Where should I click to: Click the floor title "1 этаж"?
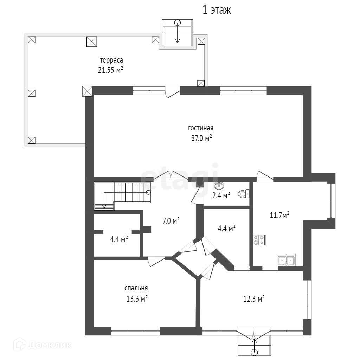click(x=217, y=10)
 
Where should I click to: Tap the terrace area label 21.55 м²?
click(x=111, y=70)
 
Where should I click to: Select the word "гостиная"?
click(x=201, y=128)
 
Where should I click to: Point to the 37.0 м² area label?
click(x=201, y=138)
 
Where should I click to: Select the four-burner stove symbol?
click(x=259, y=240)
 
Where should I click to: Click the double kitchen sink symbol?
click(x=286, y=260)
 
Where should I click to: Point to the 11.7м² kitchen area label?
click(x=279, y=215)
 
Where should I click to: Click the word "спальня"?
click(x=136, y=288)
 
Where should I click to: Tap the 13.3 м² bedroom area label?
click(x=137, y=298)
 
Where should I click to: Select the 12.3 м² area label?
click(x=254, y=299)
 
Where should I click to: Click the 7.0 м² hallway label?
click(x=171, y=221)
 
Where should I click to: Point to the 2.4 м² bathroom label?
click(x=221, y=195)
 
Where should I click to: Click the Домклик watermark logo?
click(x=42, y=345)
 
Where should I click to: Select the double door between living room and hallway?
click(x=171, y=176)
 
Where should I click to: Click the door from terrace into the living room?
click(x=172, y=94)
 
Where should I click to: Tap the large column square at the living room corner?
click(x=87, y=91)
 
